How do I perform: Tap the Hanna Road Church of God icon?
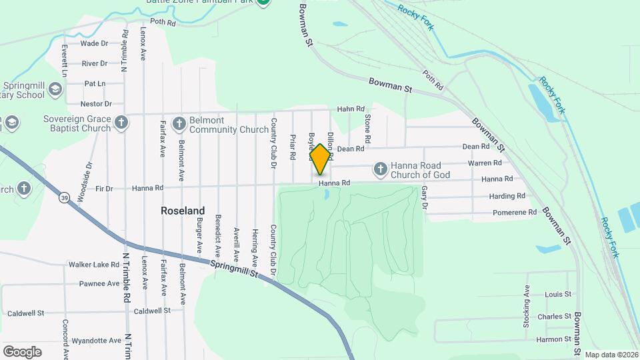380,169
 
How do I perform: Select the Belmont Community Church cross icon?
179,123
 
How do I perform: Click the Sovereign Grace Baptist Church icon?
121,123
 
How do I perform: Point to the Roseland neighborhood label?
183,211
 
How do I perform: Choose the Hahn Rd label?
351,109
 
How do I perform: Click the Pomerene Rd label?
515,213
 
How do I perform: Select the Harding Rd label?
507,196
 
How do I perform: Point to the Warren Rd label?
485,163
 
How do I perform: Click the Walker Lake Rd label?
93,265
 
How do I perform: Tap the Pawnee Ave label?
99,283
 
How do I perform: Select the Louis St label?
558,294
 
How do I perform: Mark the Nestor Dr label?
96,104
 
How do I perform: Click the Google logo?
22,352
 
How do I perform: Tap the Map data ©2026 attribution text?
611,355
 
